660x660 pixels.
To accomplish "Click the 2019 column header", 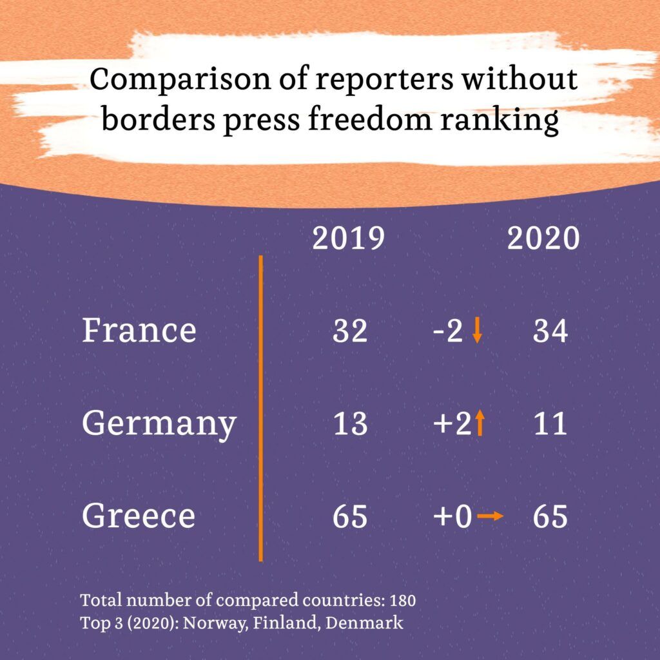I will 348,238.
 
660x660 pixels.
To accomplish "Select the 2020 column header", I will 543,238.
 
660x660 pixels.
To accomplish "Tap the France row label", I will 139,330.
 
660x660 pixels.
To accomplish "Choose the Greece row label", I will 138,516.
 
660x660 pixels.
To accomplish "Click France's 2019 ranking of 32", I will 350,331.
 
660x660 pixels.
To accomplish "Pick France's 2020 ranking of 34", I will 550,331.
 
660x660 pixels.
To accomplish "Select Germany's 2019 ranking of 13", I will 350,424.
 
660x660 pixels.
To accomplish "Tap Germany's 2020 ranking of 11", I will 550,424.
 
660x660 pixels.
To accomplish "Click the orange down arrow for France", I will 477,331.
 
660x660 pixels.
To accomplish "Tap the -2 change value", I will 448,331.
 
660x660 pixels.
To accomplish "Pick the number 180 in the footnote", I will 403,601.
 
